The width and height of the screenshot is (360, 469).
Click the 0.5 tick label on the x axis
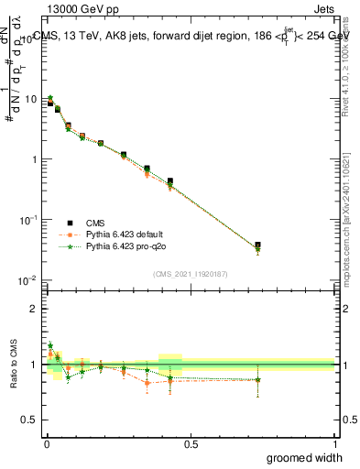click(x=191, y=443)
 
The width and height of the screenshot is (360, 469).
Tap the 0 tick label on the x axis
click(x=46, y=443)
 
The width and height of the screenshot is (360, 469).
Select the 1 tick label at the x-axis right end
click(x=334, y=443)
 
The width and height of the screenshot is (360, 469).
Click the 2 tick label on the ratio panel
click(x=36, y=309)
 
